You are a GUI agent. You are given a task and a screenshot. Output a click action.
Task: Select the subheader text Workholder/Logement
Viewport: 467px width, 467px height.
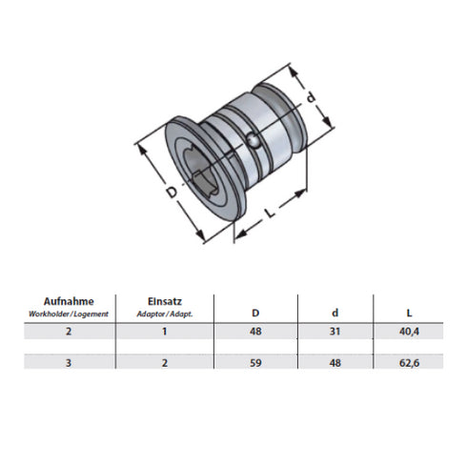pos(69,313)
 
